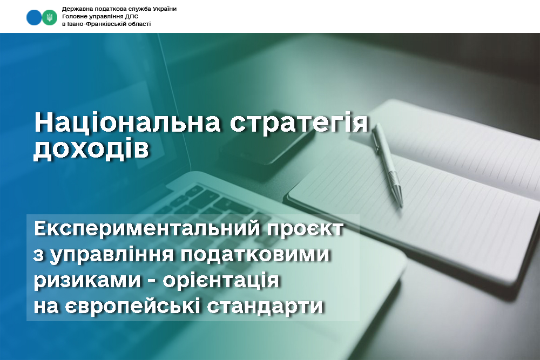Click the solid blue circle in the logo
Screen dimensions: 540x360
34,17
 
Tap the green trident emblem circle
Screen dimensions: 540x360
50,17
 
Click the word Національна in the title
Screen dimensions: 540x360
127,122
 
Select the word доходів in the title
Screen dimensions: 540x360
91,149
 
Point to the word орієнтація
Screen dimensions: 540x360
221,281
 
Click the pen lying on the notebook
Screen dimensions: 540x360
387,165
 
